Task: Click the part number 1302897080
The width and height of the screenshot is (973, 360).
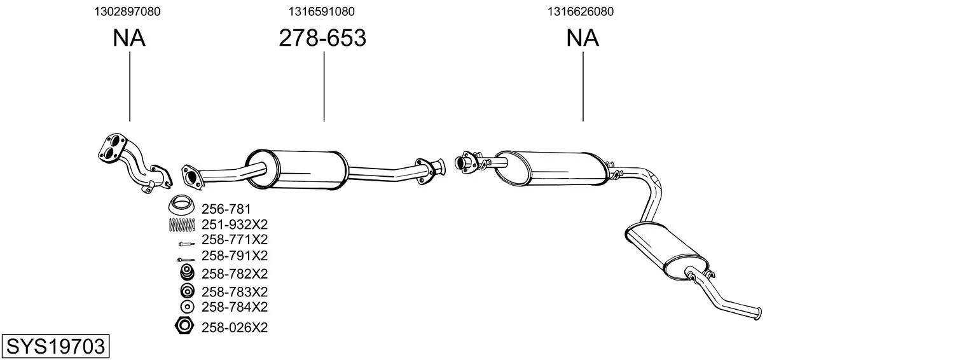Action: [x=127, y=11]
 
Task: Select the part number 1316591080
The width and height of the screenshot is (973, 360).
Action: [x=321, y=11]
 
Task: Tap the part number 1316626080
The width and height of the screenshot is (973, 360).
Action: [x=581, y=11]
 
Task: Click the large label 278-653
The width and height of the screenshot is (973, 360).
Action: [x=322, y=38]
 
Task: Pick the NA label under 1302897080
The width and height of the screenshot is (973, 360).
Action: [x=129, y=38]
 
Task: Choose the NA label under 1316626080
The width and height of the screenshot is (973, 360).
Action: [x=583, y=38]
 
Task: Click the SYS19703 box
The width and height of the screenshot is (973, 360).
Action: [x=55, y=347]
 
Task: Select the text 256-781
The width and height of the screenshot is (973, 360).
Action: [x=226, y=209]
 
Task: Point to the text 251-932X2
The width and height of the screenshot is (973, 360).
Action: [x=235, y=225]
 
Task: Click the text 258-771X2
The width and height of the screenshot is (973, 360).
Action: [x=235, y=240]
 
